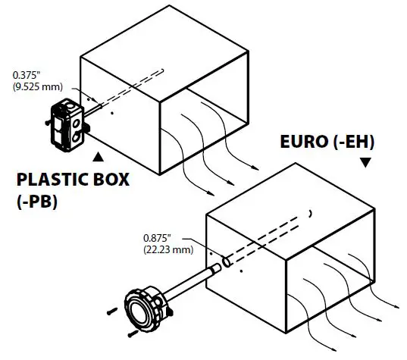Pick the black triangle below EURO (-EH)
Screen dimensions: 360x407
click(x=366, y=162)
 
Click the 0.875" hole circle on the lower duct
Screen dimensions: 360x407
click(x=225, y=264)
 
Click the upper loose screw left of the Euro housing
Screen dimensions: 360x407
click(x=112, y=310)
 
